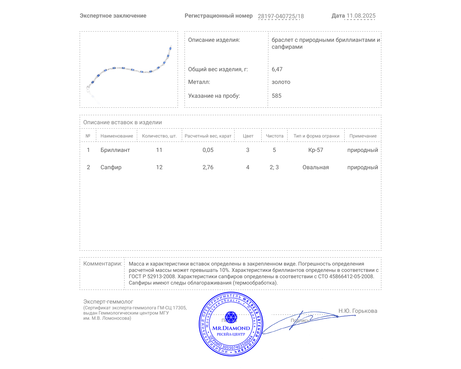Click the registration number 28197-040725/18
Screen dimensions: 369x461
[281, 16]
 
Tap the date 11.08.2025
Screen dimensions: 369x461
[361, 16]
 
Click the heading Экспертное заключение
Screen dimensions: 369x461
[113, 16]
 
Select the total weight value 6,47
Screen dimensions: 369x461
[277, 69]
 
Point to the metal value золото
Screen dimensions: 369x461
[281, 82]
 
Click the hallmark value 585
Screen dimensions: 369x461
[276, 96]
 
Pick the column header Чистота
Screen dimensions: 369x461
[275, 136]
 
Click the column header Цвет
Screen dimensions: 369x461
[248, 136]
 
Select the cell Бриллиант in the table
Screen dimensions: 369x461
[115, 150]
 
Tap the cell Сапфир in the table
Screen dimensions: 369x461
[111, 167]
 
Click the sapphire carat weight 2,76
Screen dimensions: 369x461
[208, 167]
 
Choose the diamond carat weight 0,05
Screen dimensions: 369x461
[208, 150]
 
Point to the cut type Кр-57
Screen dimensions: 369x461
[315, 150]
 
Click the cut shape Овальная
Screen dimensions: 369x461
[315, 167]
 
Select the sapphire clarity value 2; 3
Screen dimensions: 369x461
[274, 167]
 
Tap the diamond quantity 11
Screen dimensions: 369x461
[159, 150]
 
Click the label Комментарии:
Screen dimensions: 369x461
[103, 263]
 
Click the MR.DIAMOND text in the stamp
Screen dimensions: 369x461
[231, 328]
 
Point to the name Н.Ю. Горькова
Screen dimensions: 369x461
[358, 311]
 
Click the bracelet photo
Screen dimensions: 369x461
[129, 69]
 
